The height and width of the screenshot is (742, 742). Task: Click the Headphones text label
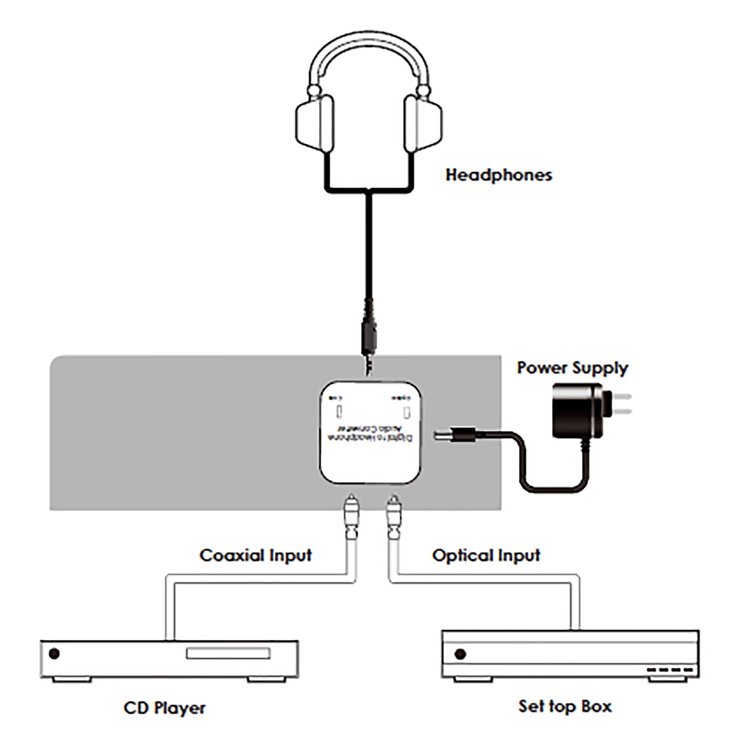498,175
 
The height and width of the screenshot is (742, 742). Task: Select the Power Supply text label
572,368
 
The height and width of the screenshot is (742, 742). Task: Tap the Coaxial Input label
255,555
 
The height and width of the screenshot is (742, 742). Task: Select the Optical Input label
486,555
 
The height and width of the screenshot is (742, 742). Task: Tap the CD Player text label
164,707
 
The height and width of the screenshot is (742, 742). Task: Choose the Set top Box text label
565,706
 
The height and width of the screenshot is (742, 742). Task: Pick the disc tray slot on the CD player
228,654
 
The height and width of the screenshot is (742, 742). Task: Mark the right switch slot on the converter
406,412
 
